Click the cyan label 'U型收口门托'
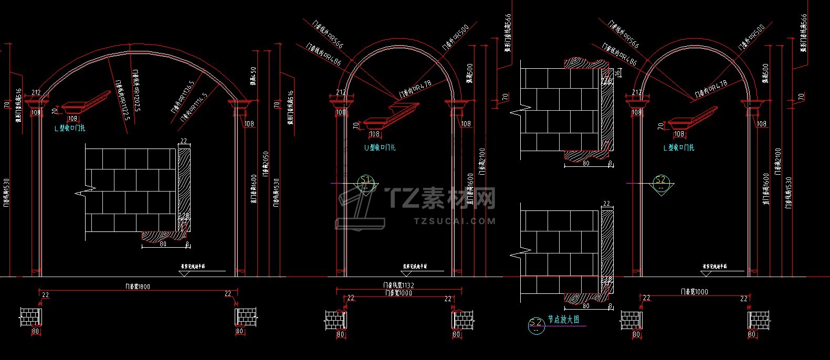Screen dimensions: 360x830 click(380, 147)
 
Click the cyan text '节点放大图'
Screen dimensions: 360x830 click(563, 319)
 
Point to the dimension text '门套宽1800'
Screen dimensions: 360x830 click(138, 287)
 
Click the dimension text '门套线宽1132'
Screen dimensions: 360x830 click(398, 285)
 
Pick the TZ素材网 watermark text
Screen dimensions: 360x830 click(441, 198)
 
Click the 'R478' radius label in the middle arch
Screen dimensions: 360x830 click(415, 89)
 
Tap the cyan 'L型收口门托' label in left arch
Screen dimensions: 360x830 click(70, 128)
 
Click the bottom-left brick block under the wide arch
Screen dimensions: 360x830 click(30, 317)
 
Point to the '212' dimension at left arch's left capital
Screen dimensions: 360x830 click(36, 93)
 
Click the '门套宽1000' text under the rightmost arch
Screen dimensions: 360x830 click(694, 292)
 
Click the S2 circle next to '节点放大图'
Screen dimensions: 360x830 click(536, 325)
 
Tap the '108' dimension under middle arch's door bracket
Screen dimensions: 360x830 click(374, 134)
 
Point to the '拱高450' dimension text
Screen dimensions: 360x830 click(253, 77)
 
